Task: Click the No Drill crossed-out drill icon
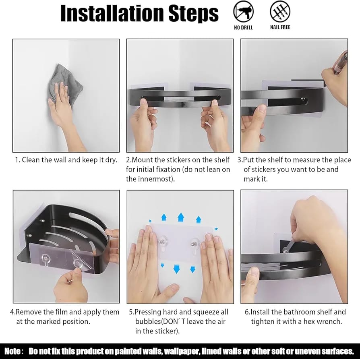point(243,12)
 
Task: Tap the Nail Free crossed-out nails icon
point(280,12)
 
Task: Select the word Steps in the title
point(193,14)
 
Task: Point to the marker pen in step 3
point(341,63)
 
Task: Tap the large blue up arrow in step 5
point(181,217)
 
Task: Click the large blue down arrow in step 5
point(176,269)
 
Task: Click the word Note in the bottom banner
point(12,351)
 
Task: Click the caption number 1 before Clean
point(17,160)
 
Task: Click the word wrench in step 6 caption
point(329,321)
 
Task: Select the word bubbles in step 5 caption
point(148,321)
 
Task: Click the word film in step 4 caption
point(62,312)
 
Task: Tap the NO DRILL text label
point(243,27)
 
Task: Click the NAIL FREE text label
point(280,27)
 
